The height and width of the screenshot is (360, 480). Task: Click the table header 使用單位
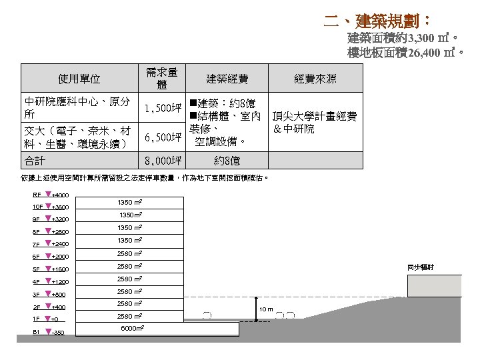(x=79, y=79)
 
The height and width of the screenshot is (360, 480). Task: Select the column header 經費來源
(x=315, y=79)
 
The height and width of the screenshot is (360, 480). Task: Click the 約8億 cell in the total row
(x=227, y=160)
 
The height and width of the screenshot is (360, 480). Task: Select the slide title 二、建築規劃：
(x=376, y=19)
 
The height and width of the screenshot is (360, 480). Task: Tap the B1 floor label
(x=37, y=332)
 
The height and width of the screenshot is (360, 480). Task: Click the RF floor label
(x=37, y=195)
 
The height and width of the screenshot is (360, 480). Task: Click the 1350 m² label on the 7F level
(x=129, y=241)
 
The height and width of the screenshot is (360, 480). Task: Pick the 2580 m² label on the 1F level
(x=129, y=316)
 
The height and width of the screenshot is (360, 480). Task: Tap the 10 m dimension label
(x=266, y=309)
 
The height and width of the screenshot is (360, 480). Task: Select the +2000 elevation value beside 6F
(x=61, y=257)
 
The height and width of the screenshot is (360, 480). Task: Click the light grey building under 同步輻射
(x=443, y=286)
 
